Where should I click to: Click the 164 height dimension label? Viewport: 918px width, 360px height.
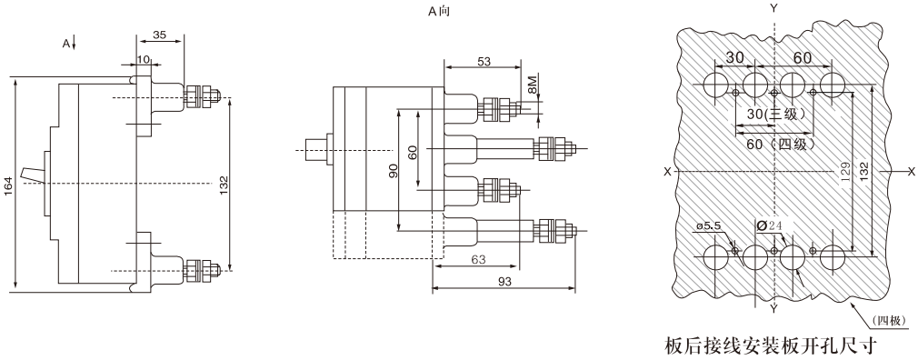pos(9,187)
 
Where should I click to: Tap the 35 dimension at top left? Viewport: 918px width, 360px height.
pos(159,35)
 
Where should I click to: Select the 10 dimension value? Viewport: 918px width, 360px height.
pos(144,59)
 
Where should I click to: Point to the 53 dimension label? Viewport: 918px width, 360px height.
pos(484,61)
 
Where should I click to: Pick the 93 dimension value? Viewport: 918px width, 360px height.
pos(504,282)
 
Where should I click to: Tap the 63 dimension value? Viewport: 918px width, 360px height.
pos(479,259)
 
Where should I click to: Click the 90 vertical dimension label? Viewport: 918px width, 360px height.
pos(394,171)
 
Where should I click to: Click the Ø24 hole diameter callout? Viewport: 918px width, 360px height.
pos(769,225)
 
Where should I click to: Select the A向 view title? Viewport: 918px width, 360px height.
pos(439,11)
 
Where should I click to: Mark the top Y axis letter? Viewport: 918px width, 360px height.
pos(774,8)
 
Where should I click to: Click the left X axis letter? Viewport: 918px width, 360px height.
pos(667,172)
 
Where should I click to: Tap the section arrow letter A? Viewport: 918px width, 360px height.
pos(66,43)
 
